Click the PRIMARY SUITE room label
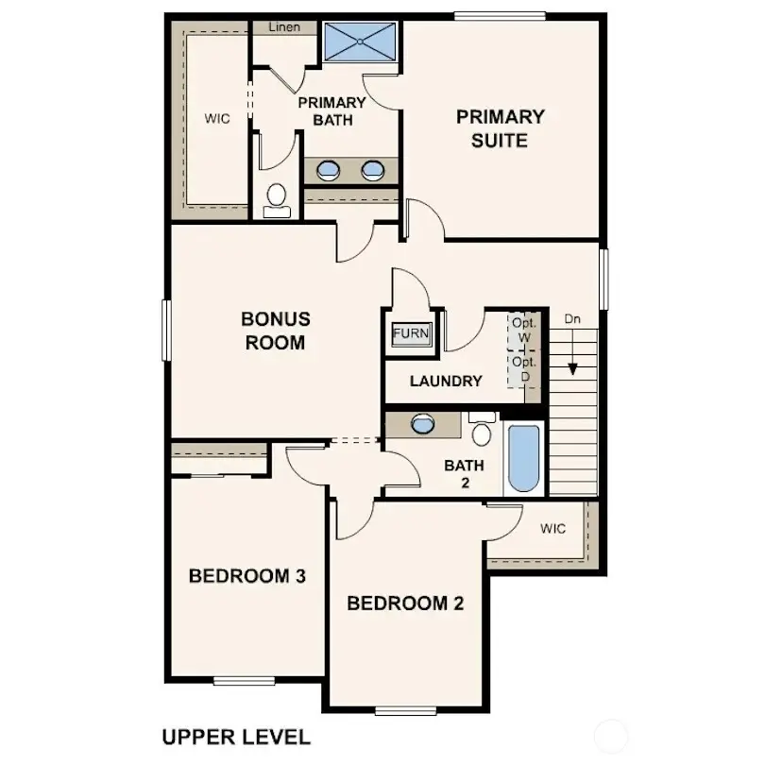[501, 128]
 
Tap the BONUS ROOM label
[275, 331]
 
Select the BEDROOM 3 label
[246, 575]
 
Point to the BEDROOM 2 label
[405, 603]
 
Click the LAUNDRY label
[446, 382]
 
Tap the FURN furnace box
[411, 334]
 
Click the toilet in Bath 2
[482, 432]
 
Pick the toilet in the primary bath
[277, 198]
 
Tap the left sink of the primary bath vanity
[328, 171]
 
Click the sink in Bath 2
[423, 424]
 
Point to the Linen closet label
[284, 27]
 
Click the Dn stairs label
[572, 319]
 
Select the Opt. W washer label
[523, 330]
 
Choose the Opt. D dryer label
[523, 369]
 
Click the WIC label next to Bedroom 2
[553, 529]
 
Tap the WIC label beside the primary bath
[217, 120]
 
